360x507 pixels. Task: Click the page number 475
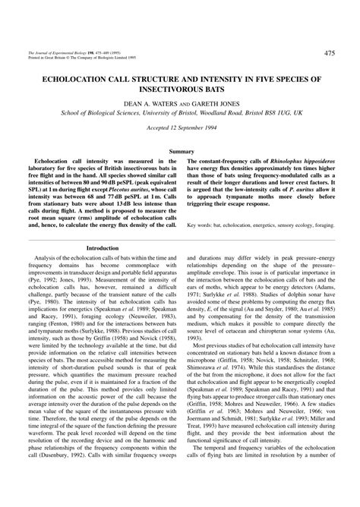tap(329, 53)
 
